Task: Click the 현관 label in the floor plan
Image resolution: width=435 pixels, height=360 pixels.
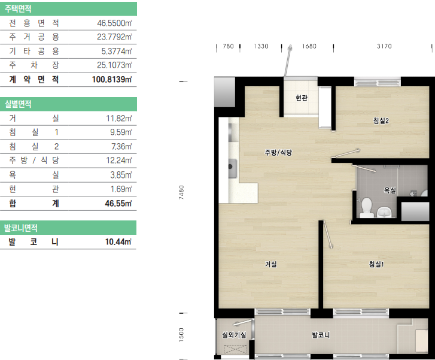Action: coord(302,98)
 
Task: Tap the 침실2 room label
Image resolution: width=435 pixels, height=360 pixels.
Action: coord(381,120)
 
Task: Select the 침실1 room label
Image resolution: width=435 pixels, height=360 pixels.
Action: coord(376,264)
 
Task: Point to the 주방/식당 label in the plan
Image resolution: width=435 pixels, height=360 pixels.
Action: coord(278,152)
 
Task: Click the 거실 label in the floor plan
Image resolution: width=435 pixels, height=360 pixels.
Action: coord(271,264)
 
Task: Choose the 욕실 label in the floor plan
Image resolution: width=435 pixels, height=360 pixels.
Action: coord(390,190)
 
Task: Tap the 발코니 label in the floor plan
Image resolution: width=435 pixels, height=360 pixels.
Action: coord(321,335)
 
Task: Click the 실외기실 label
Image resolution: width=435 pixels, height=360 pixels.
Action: coord(234,335)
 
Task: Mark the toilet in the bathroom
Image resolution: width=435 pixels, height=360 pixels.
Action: coord(366,207)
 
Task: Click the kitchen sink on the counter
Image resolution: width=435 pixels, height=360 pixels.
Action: coord(232,168)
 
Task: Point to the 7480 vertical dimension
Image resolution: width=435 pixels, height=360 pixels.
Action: coord(181,192)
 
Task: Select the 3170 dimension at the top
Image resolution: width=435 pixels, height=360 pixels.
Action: coord(384,46)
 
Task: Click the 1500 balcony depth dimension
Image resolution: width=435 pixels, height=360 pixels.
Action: coord(181,335)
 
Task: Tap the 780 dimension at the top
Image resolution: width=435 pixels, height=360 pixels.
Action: coord(229,46)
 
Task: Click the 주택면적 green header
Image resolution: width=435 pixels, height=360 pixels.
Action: coord(69,9)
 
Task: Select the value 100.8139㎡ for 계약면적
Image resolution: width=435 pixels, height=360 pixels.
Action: coord(112,80)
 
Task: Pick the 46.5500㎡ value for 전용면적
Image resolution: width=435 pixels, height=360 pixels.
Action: coord(114,23)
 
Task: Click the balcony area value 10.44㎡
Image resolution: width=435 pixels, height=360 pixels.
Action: coord(118,241)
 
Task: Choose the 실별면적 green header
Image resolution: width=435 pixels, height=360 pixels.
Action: coord(69,104)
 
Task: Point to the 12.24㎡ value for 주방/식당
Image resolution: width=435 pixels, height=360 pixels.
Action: coord(118,161)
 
